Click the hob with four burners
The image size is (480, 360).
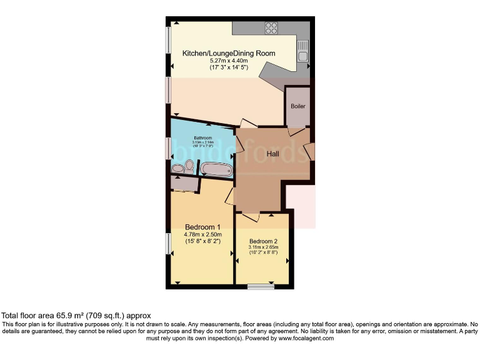pyautogui.click(x=271, y=28)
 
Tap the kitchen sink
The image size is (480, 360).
pyautogui.click(x=303, y=50)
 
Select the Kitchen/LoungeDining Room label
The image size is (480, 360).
pyautogui.click(x=228, y=54)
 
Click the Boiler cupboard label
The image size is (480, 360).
pyautogui.click(x=298, y=106)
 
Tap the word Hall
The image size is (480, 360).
pyautogui.click(x=273, y=154)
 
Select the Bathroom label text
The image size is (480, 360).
pyautogui.click(x=202, y=137)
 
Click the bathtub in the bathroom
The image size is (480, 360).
pyautogui.click(x=216, y=169)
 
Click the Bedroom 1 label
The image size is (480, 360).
pyautogui.click(x=202, y=227)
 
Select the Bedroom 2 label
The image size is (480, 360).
pyautogui.click(x=263, y=241)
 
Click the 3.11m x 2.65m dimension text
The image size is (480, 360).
pyautogui.click(x=263, y=248)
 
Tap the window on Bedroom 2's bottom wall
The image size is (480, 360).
pyautogui.click(x=260, y=287)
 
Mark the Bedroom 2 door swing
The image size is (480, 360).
pyautogui.click(x=251, y=217)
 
